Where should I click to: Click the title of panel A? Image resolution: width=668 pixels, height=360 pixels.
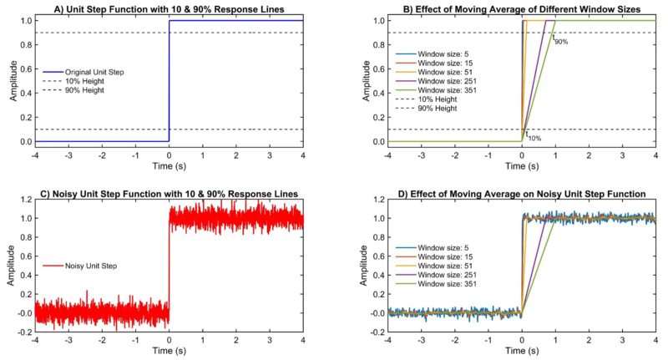(169, 8)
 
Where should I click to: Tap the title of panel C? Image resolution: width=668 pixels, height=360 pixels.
(169, 194)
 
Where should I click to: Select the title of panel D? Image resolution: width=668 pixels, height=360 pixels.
(521, 194)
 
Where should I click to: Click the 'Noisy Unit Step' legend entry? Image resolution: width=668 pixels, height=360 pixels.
(89, 266)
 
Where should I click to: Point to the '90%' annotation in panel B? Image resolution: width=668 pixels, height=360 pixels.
(561, 42)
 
